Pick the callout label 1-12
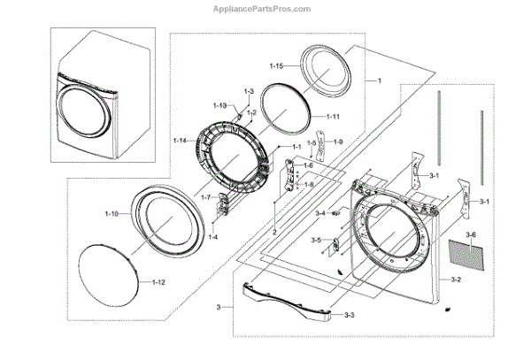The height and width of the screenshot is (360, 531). pos(159,282)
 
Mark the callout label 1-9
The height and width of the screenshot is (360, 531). pos(339,142)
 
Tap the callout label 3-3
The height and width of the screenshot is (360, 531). pos(349,317)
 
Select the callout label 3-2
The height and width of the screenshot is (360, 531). pos(456,280)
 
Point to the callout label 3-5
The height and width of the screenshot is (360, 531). pos(316,241)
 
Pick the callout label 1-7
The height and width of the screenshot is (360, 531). pos(205,197)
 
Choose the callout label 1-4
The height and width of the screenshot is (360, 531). pos(213,238)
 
